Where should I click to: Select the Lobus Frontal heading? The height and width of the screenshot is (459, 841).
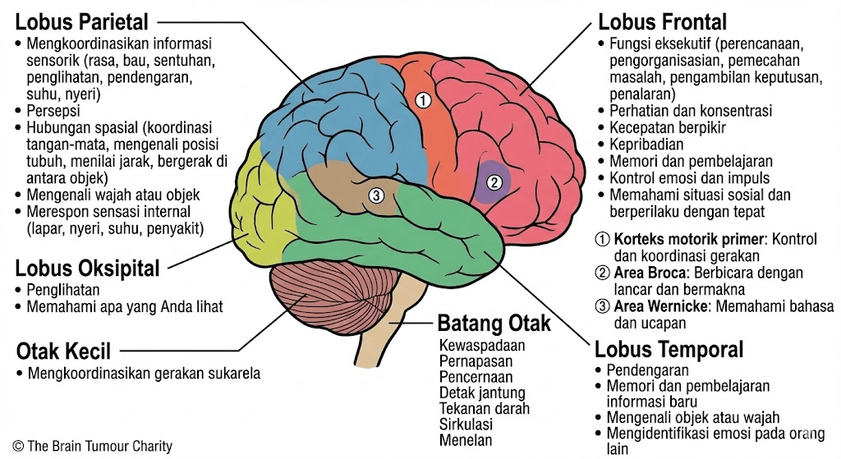click(662, 21)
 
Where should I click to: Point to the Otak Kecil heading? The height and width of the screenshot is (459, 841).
click(63, 351)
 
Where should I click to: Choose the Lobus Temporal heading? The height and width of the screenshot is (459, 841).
click(669, 349)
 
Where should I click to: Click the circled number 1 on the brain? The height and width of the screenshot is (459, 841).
click(423, 100)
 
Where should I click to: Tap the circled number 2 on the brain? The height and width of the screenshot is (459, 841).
click(494, 182)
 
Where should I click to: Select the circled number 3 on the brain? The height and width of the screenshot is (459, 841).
click(376, 195)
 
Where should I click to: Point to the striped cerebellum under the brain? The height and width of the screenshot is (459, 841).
click(322, 299)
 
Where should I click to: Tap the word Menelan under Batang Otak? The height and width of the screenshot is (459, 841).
click(466, 440)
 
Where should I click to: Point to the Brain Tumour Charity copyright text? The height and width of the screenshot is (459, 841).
click(93, 447)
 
